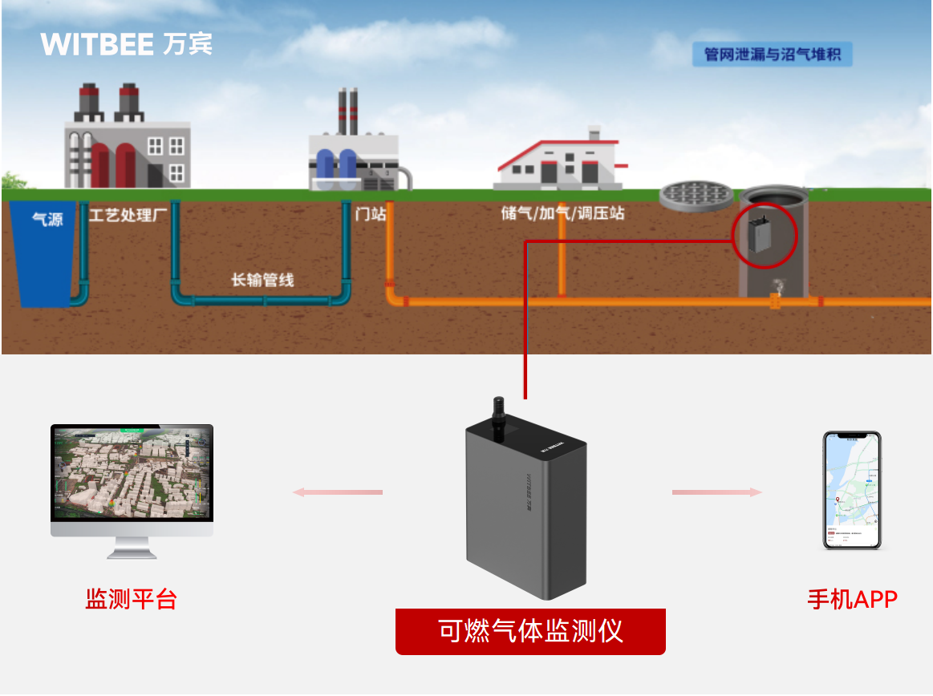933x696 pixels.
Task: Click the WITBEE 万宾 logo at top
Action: (126, 43)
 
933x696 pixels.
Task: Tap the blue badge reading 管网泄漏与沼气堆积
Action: (772, 55)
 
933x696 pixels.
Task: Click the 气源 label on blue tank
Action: (47, 219)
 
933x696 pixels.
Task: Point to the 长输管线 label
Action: (262, 280)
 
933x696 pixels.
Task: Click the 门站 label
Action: (370, 215)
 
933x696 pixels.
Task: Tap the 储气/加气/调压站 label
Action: (562, 214)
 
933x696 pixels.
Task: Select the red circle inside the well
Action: (764, 233)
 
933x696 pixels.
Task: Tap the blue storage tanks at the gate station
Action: (336, 164)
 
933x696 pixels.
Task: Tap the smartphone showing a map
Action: (852, 490)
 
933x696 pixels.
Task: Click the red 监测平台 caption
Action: (131, 599)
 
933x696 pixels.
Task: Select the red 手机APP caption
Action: (852, 599)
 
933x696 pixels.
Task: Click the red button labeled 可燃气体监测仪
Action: (530, 631)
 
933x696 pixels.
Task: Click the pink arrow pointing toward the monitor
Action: (337, 492)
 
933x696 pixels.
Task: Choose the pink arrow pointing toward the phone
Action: (716, 492)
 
